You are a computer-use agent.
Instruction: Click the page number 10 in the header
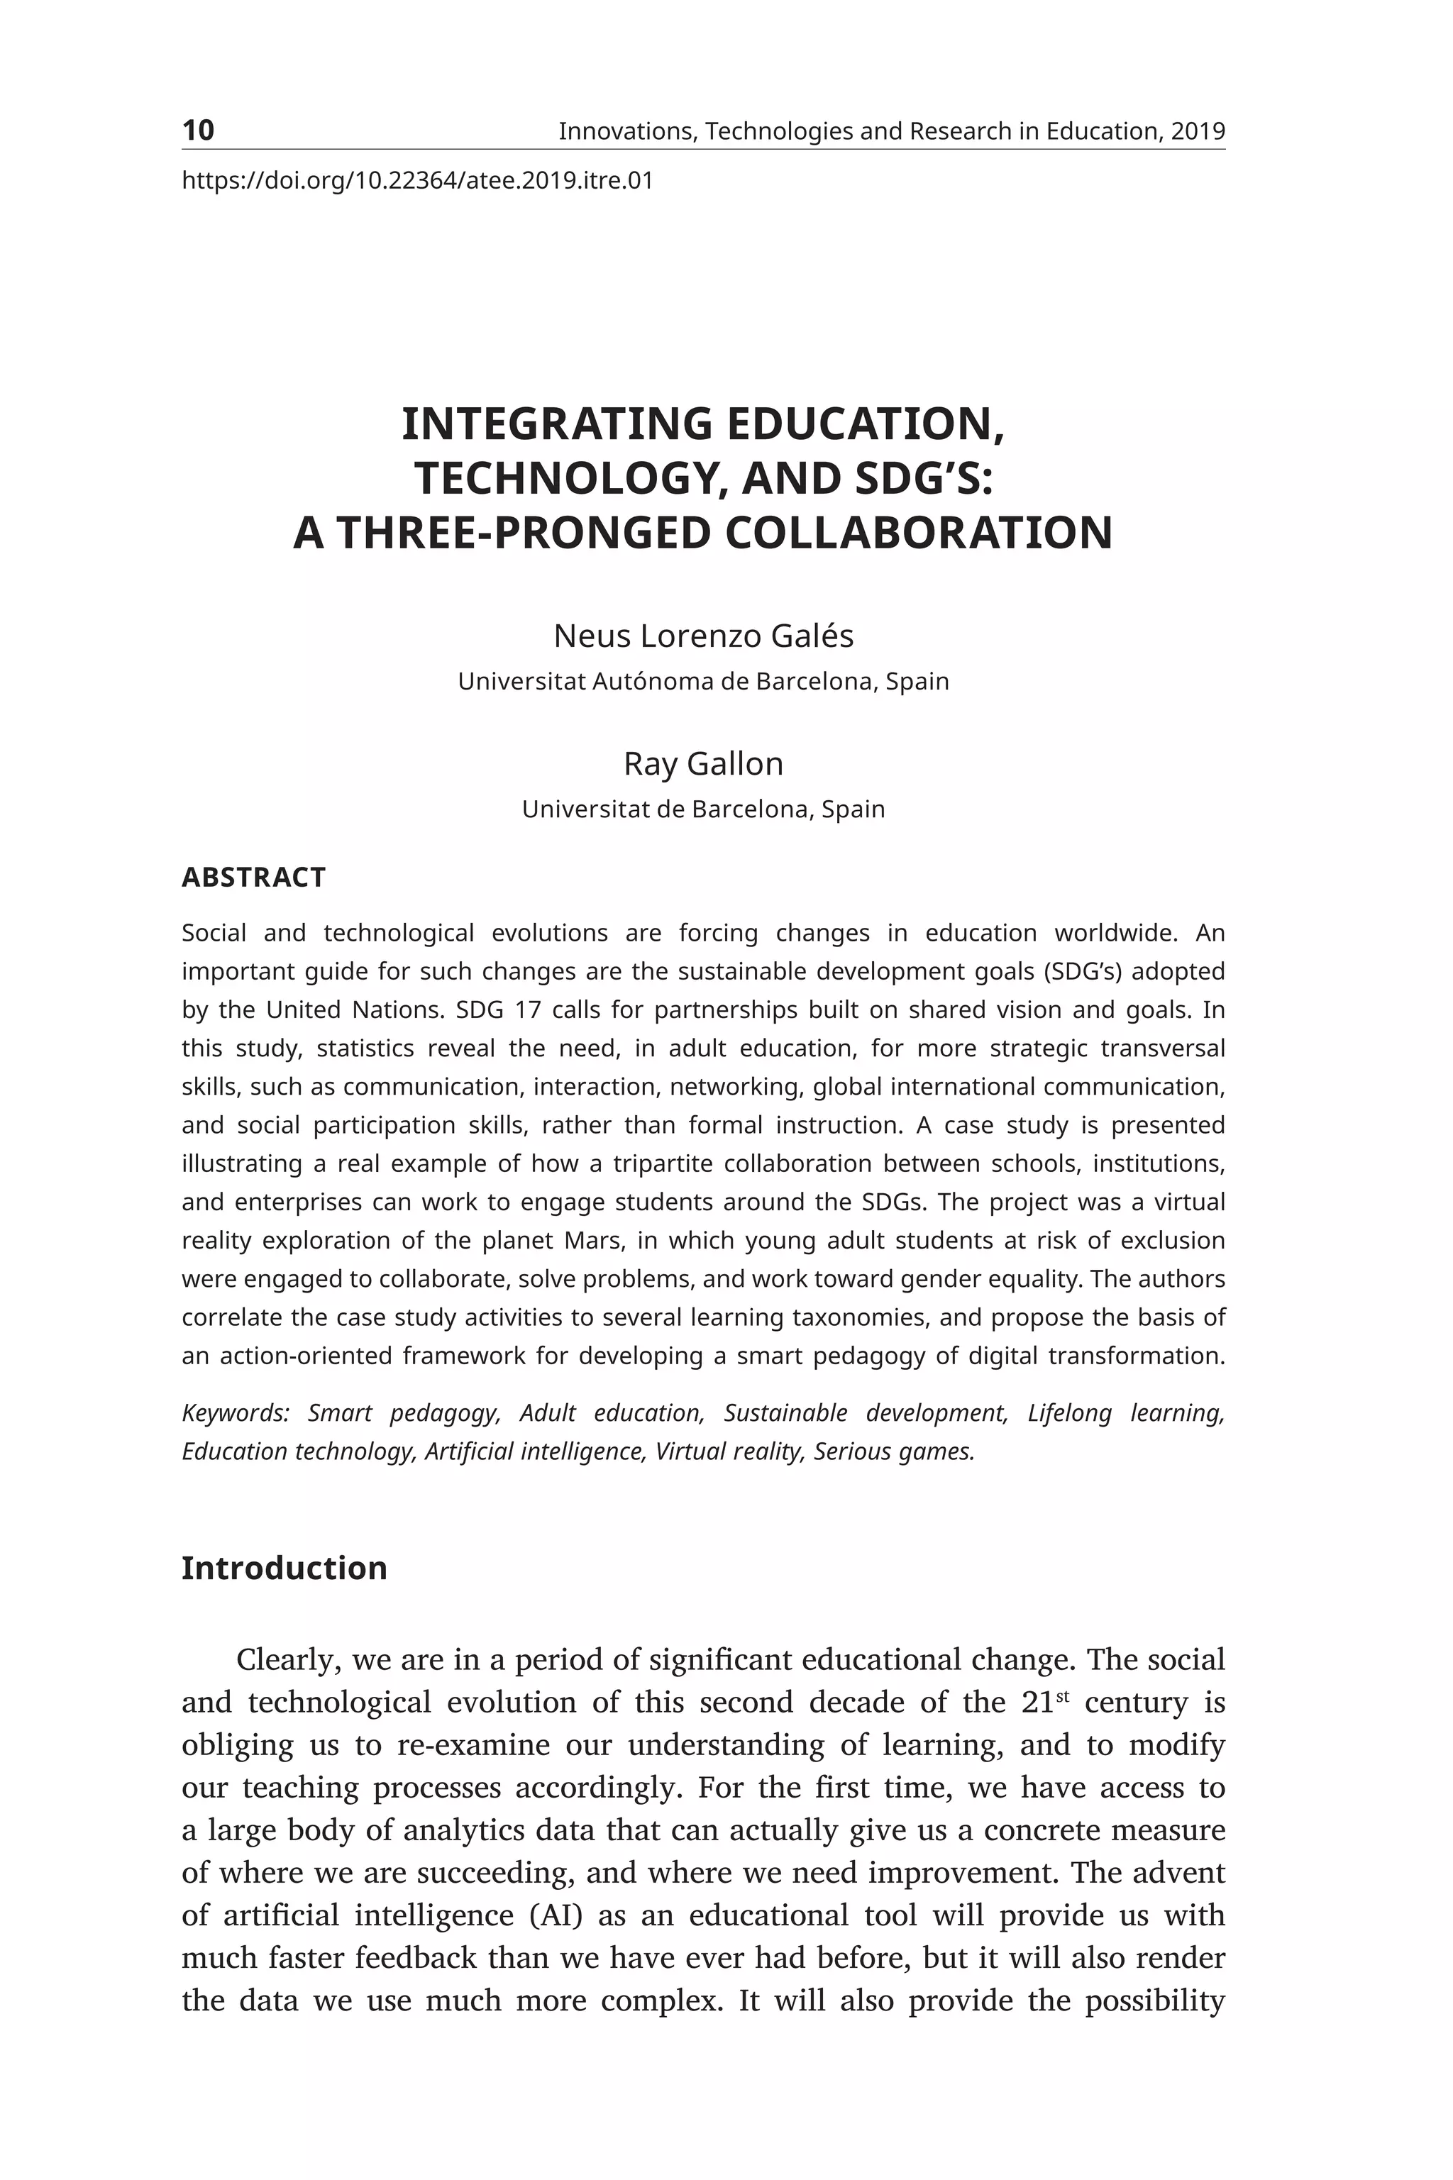[197, 131]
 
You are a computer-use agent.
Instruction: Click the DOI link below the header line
[417, 181]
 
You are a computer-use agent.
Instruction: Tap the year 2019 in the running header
[1198, 131]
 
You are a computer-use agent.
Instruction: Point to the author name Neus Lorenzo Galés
[703, 636]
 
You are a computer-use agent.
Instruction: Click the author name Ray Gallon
[703, 764]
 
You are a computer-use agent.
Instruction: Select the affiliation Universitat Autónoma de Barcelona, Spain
[703, 682]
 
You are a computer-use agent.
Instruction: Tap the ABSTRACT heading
[253, 878]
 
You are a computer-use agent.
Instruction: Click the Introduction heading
[284, 1568]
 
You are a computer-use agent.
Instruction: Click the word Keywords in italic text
[234, 1413]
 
